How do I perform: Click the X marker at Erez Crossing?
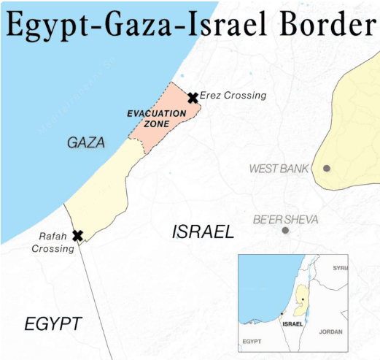[x=193, y=98]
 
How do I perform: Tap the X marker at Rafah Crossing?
[x=77, y=235]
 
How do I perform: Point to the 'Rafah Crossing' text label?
[x=53, y=242]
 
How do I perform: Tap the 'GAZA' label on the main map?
[x=86, y=142]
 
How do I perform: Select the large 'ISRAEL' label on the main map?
[x=203, y=232]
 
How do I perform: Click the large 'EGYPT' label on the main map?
[x=53, y=324]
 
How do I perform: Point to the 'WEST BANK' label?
[x=279, y=169]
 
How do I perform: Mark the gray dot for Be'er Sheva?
[x=285, y=230]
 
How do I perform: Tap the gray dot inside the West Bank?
[x=326, y=168]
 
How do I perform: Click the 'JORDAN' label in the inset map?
[x=330, y=332]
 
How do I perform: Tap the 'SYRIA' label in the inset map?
[x=340, y=268]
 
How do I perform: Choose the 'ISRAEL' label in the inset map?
[x=292, y=323]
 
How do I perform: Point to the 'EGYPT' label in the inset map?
[x=252, y=341]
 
